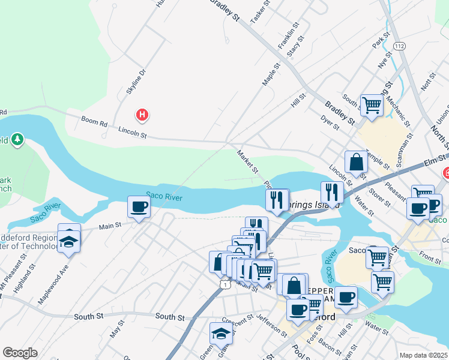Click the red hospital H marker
coord(142,114)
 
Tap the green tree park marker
coord(18,140)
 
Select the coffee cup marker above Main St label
coord(139,208)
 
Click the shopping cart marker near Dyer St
coord(372,106)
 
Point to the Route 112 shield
coord(399,46)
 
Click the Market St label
coord(247,161)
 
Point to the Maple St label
coord(272,75)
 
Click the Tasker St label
coord(260,11)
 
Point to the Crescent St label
coord(234,322)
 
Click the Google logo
coord(20,353)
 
